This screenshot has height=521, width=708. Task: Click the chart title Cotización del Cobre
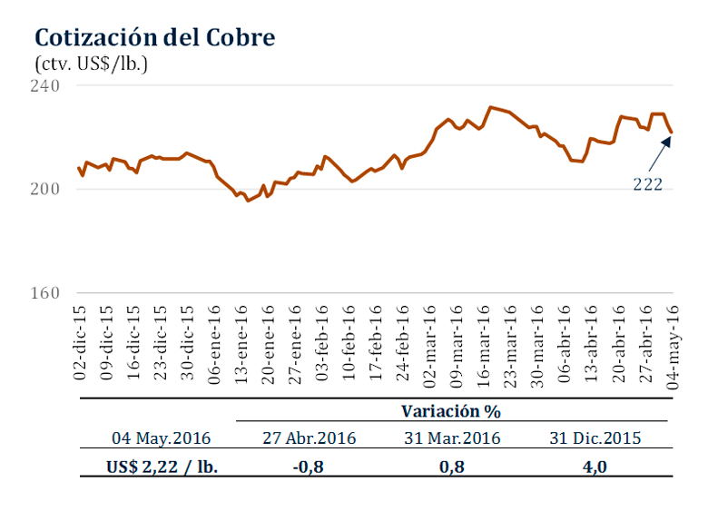click(154, 38)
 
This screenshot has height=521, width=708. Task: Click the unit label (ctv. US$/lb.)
click(91, 64)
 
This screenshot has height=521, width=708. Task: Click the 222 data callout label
click(648, 184)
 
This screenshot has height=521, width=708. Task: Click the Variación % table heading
click(451, 411)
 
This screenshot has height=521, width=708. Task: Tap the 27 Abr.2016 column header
click(309, 438)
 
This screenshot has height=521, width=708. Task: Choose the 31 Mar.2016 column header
click(451, 438)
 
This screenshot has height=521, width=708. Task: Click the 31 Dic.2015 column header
click(595, 438)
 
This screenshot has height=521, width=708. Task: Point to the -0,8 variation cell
click(309, 467)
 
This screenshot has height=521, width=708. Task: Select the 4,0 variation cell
click(595, 467)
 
